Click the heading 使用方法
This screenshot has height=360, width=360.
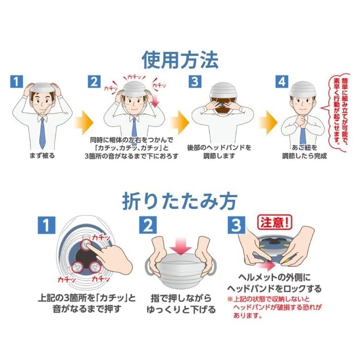180,60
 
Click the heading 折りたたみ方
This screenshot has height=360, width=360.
180,201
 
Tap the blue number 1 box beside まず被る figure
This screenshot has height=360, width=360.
17,81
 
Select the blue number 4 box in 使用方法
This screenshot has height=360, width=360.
282,81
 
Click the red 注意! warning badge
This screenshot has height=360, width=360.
275,222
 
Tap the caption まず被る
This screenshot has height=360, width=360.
42,156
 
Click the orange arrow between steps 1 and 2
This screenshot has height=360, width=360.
84,123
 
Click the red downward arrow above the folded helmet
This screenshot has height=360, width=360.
181,246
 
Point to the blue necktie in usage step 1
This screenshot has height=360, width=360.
42,132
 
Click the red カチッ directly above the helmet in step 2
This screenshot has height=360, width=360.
134,77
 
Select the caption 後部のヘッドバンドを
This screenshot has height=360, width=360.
219,148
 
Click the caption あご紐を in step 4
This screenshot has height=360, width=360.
304,148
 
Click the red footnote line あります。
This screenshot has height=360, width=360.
248,316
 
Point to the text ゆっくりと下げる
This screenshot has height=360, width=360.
181,309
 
